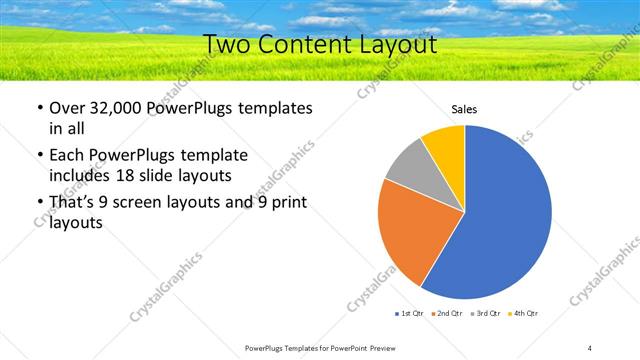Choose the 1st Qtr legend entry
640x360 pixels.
click(x=410, y=314)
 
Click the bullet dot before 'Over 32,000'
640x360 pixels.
click(x=38, y=108)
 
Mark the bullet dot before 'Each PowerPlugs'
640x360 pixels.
click(x=38, y=156)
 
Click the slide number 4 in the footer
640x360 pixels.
click(x=590, y=347)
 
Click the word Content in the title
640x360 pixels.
click(x=306, y=45)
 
